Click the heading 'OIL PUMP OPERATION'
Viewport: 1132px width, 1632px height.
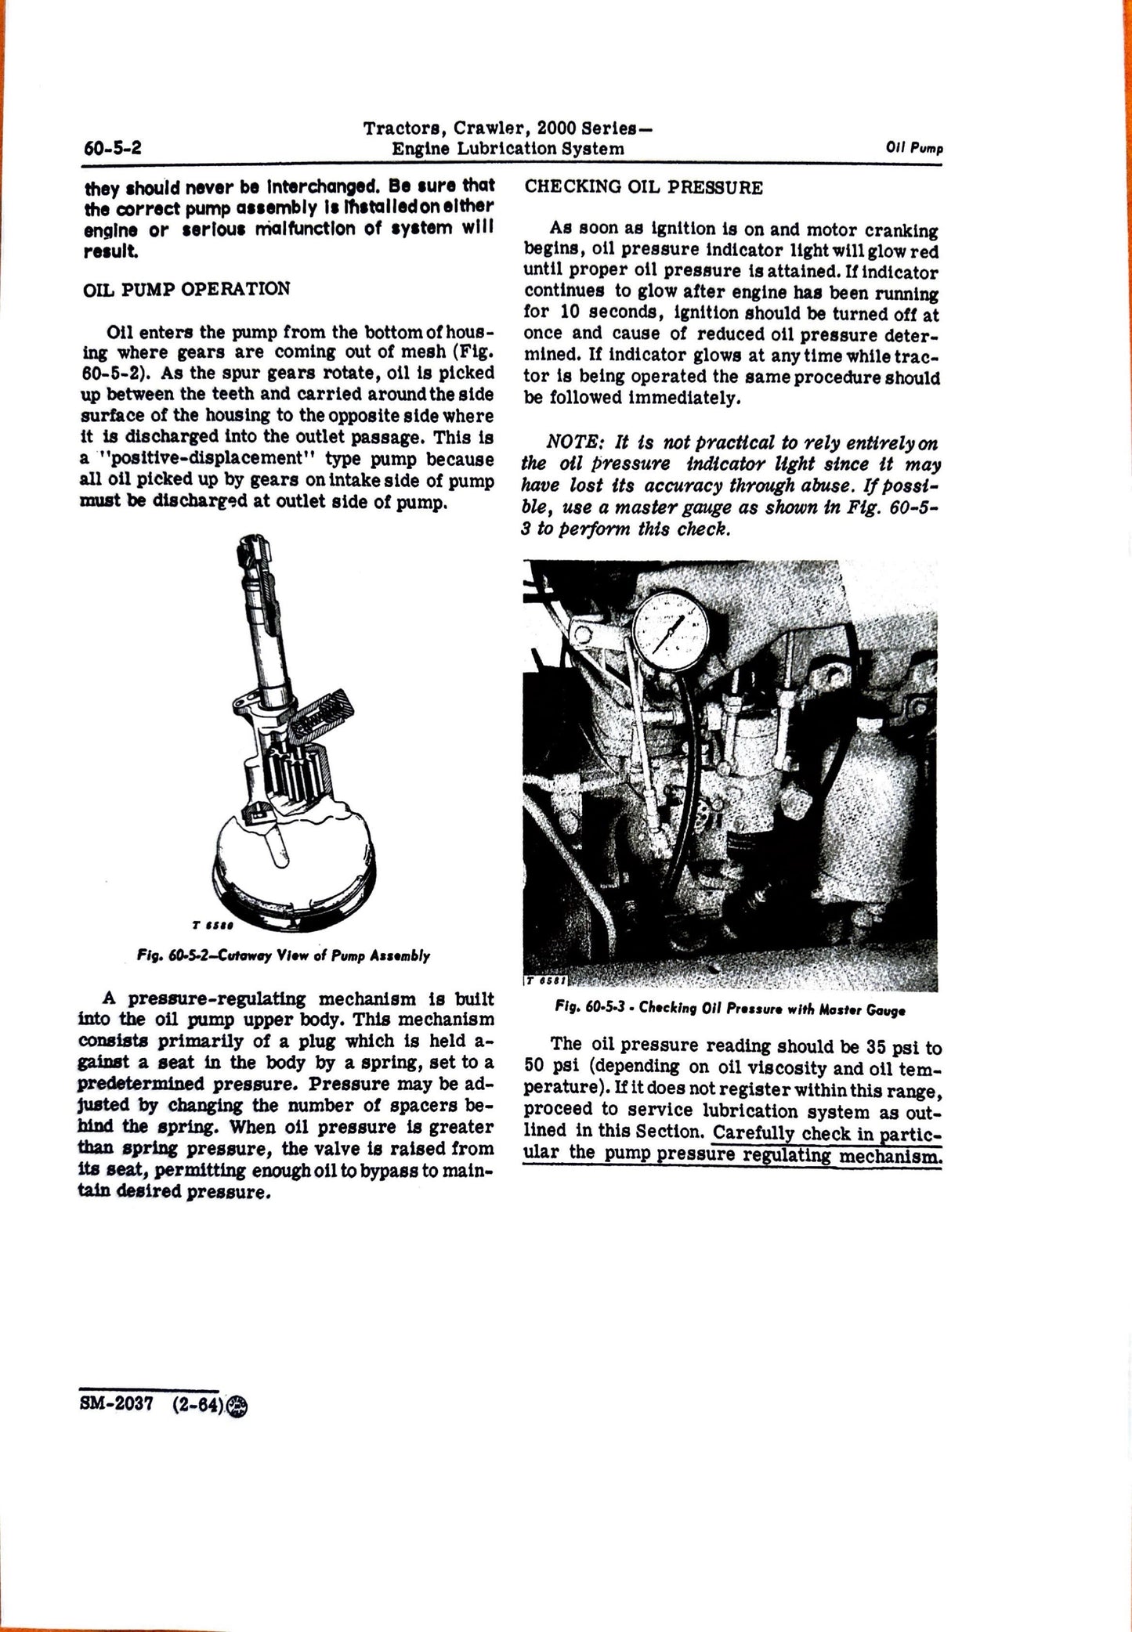pyautogui.click(x=186, y=288)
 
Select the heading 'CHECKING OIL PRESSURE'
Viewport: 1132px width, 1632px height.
pyautogui.click(x=643, y=188)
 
